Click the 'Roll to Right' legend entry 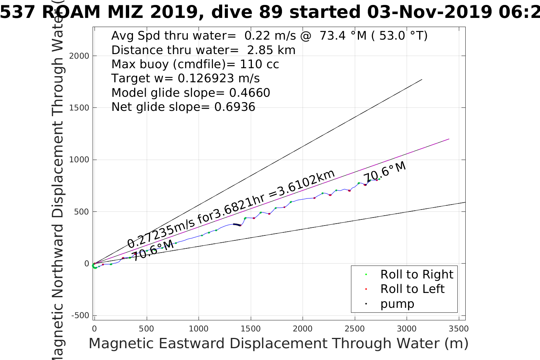(417, 274)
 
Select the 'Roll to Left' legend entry (412, 289)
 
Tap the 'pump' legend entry (397, 304)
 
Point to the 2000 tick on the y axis (79, 56)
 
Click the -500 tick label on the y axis (80, 315)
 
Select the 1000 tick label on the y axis (79, 160)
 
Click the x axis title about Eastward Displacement (278, 344)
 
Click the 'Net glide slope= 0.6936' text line (183, 107)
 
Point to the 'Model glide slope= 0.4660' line (191, 93)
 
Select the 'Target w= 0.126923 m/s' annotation (186, 78)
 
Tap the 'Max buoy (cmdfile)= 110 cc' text (195, 64)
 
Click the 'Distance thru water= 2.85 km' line (203, 50)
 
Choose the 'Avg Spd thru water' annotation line (269, 35)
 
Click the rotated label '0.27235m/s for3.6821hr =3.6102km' (231, 209)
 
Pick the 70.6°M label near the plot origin (152, 250)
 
